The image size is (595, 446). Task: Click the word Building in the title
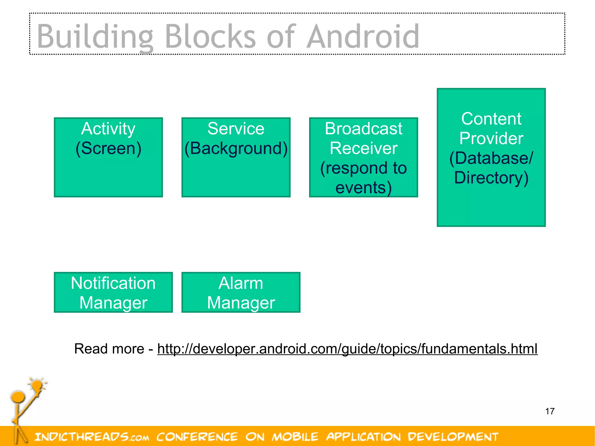[95, 37]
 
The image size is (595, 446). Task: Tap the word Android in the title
[363, 37]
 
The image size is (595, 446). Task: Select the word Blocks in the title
[210, 37]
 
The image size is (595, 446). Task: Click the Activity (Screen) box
[108, 157]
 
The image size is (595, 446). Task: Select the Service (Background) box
[236, 157]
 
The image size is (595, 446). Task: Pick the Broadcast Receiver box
[363, 157]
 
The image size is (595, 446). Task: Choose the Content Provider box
[491, 157]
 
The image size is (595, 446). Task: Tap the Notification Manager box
[113, 292]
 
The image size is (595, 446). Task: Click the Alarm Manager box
[241, 292]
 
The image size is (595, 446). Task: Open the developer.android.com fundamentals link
[347, 349]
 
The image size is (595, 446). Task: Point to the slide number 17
[550, 411]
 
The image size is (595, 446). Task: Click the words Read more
[109, 349]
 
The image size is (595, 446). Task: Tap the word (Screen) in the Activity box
[108, 148]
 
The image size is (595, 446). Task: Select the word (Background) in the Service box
[236, 148]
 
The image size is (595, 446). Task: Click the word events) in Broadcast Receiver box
[363, 187]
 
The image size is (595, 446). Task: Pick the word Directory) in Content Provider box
[491, 178]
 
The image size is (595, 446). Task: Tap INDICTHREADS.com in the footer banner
[92, 437]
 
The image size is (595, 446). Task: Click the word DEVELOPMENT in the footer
[453, 437]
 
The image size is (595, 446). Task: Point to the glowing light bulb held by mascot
[37, 386]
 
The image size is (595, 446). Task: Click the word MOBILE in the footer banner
[295, 437]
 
